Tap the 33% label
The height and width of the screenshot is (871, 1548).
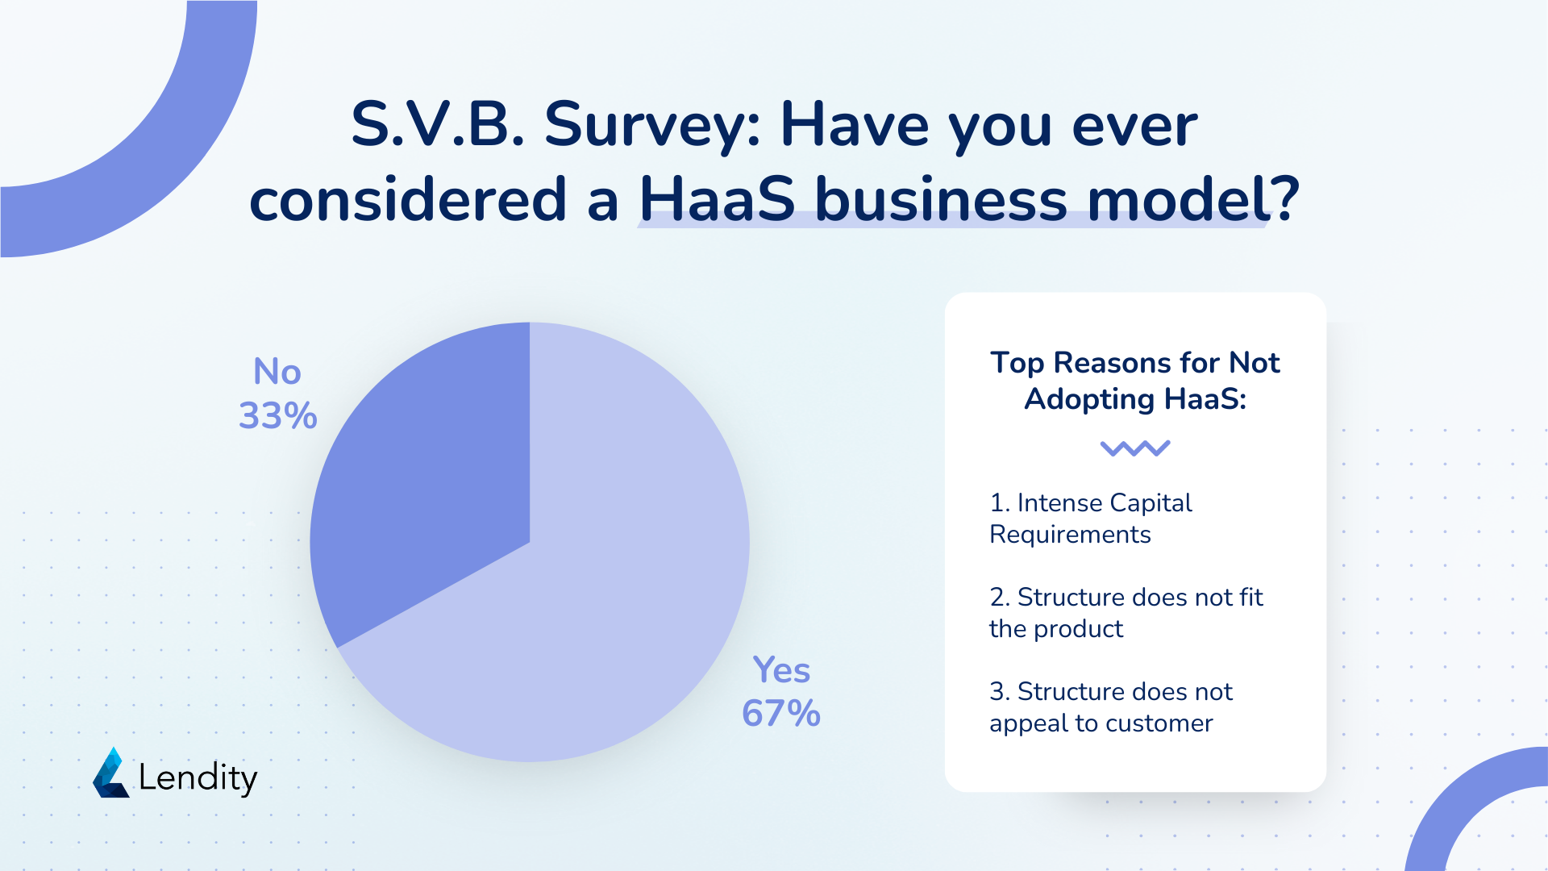click(278, 416)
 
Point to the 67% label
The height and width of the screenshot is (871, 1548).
click(781, 714)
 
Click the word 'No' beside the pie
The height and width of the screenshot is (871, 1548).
click(277, 372)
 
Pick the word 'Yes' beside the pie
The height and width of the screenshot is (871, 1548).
click(781, 670)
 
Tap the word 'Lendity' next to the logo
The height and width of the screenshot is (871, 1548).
click(198, 777)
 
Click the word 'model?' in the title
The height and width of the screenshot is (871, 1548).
click(1193, 199)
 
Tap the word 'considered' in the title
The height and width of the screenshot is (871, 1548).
click(409, 199)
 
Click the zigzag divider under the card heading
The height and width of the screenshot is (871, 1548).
click(1135, 448)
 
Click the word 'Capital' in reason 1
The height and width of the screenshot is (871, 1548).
click(1148, 503)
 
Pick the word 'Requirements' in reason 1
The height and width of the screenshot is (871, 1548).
click(1070, 536)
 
